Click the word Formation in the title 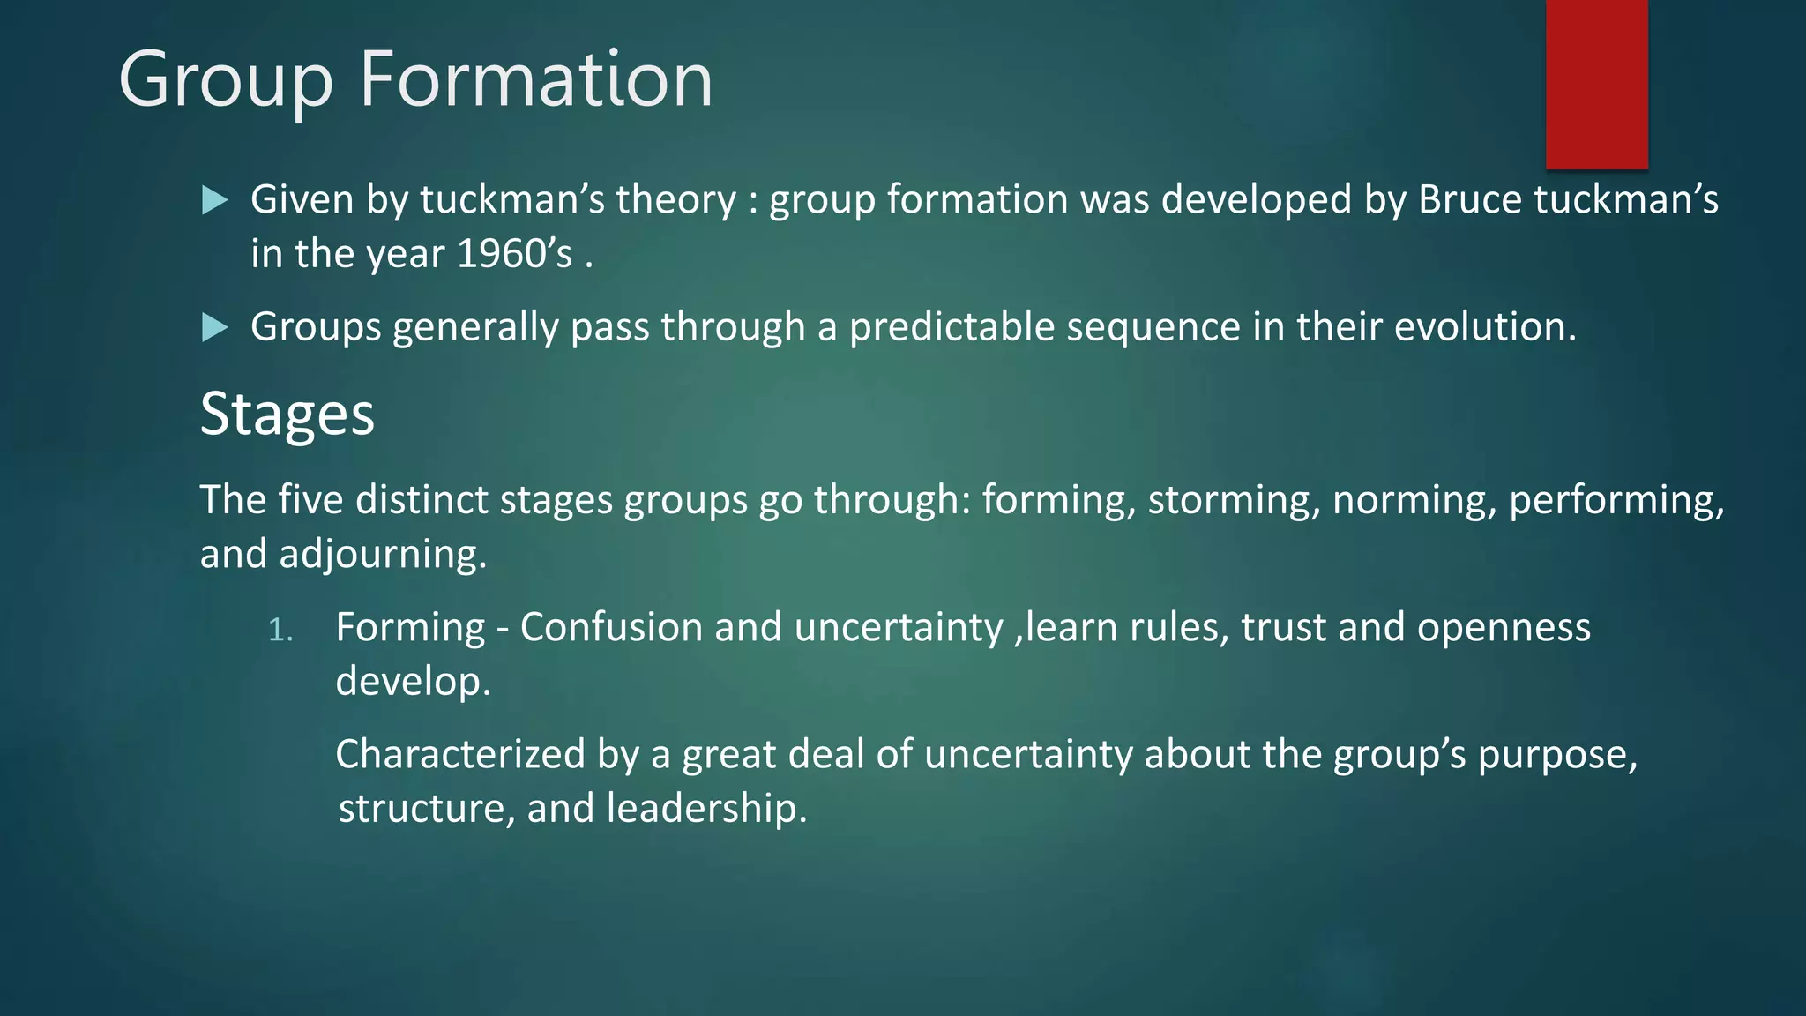tap(535, 79)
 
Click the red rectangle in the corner tap(1596, 84)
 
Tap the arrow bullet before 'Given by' tap(214, 200)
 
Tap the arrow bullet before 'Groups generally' tap(214, 328)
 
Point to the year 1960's tap(515, 254)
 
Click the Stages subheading tap(287, 414)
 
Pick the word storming tap(1234, 500)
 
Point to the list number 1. tap(280, 630)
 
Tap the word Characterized tap(460, 754)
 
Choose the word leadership tap(705, 808)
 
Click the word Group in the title tap(226, 79)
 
